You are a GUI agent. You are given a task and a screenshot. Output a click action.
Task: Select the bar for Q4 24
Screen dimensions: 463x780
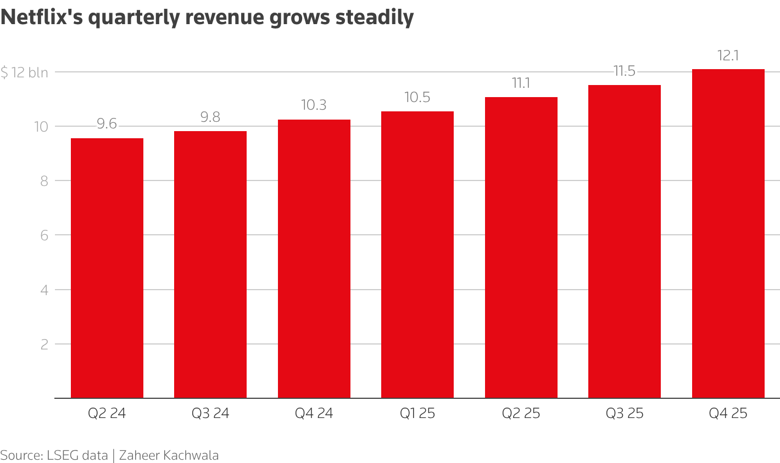(314, 258)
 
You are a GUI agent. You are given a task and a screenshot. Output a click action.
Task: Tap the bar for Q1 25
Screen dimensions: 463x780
(417, 255)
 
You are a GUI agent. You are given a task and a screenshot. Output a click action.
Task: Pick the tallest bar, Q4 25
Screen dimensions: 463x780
(728, 233)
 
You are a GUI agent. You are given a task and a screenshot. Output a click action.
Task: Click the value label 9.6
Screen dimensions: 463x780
(107, 124)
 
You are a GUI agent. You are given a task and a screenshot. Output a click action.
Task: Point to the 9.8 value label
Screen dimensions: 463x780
(210, 117)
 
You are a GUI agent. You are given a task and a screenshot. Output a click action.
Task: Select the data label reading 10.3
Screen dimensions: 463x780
(314, 105)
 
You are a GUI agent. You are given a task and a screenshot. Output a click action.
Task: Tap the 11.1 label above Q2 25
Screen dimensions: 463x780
(521, 83)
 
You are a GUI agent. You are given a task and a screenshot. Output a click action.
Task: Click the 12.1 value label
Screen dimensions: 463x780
(728, 55)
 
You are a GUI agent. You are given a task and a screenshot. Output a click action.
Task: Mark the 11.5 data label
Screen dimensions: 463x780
(624, 71)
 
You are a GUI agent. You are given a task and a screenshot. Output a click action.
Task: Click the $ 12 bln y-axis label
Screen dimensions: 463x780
(24, 72)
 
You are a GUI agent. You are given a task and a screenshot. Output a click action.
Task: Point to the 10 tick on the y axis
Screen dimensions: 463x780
(41, 127)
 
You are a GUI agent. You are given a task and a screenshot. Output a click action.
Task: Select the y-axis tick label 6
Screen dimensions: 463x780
(44, 235)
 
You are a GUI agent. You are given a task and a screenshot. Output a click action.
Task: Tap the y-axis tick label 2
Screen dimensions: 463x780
(44, 344)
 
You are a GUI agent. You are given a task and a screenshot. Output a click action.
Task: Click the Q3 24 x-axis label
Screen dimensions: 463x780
(210, 413)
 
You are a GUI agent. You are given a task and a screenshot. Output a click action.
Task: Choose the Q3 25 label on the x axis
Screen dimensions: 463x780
(624, 413)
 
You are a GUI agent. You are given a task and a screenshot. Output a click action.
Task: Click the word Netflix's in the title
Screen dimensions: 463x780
(41, 18)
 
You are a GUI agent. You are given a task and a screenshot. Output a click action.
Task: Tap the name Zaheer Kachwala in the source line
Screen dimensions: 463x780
(169, 455)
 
